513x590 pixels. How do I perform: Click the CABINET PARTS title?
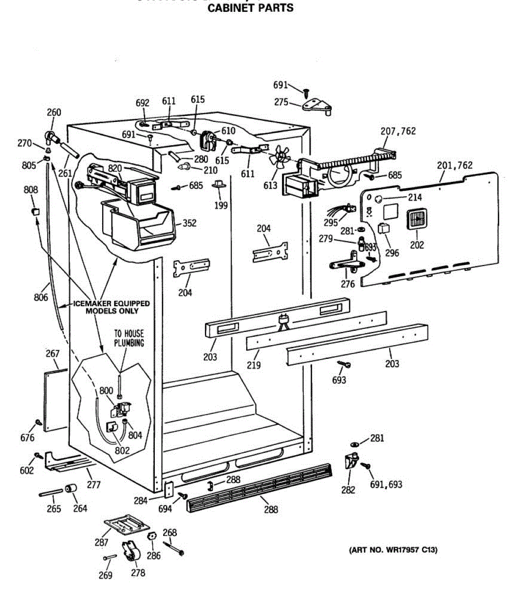tap(251, 8)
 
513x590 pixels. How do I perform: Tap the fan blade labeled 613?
tap(280, 157)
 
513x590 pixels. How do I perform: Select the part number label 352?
tap(189, 223)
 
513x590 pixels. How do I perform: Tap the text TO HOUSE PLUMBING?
tap(129, 338)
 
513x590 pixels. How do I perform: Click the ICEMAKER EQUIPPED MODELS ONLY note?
tap(112, 307)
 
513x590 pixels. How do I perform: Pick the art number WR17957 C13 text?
tap(393, 550)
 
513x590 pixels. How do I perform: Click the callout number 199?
tap(221, 205)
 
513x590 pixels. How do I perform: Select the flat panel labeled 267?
tap(56, 400)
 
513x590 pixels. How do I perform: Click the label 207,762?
tap(398, 131)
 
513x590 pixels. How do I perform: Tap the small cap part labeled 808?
tap(35, 211)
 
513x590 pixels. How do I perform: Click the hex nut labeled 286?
tap(151, 536)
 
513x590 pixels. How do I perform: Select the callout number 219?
tap(254, 365)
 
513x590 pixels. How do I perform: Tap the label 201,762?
tap(455, 165)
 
